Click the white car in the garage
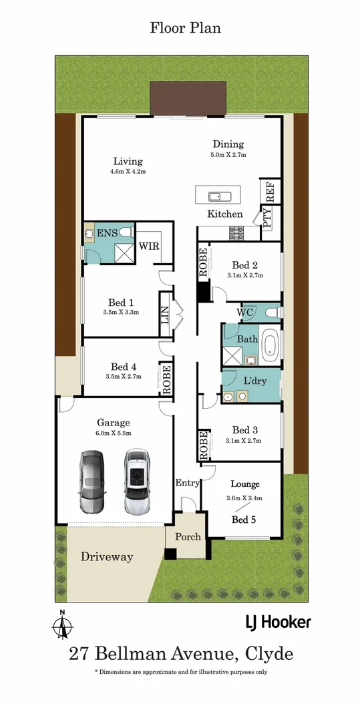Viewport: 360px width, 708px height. coord(136,481)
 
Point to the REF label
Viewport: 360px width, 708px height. coord(270,192)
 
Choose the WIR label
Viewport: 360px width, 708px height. coord(148,245)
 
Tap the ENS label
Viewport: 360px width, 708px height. coord(108,233)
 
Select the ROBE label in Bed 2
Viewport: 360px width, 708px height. coord(203,263)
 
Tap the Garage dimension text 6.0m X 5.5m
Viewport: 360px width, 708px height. coord(113,433)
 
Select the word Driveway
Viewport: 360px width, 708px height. coord(106,556)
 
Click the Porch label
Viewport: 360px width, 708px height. coord(188,536)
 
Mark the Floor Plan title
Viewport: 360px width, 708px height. coord(185,28)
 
